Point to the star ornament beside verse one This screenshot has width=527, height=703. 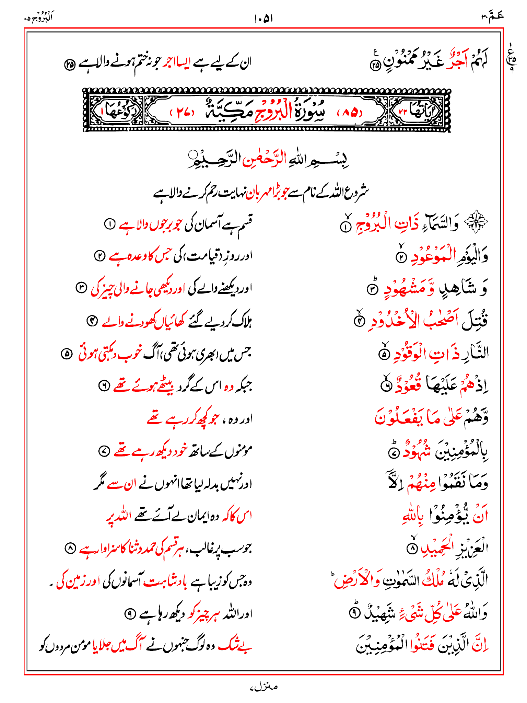tap(476, 222)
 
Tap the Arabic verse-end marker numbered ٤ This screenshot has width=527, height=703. tap(359, 322)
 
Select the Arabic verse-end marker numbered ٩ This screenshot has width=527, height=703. tap(354, 613)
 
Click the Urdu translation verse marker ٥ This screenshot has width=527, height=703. tap(66, 354)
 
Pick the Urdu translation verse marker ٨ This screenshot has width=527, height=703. tap(70, 549)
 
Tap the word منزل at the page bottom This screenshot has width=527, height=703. tap(263, 687)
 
